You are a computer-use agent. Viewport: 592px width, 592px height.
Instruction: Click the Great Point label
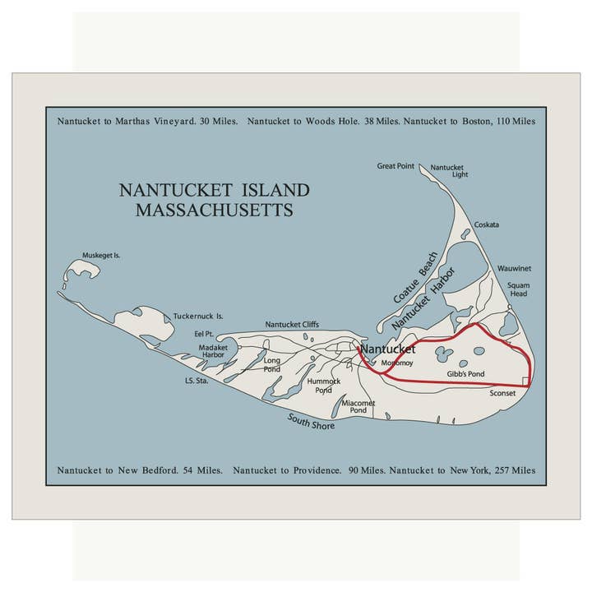[395, 166]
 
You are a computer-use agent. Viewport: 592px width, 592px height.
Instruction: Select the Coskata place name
[486, 224]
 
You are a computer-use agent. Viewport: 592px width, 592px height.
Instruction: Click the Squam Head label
[518, 289]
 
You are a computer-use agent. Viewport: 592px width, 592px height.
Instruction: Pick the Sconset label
[502, 393]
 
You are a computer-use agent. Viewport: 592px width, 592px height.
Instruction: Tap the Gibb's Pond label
[465, 374]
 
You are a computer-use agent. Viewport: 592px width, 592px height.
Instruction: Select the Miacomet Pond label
[358, 406]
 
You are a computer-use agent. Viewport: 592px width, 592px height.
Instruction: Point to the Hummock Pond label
[322, 386]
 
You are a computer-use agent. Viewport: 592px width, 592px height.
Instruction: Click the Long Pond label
[272, 364]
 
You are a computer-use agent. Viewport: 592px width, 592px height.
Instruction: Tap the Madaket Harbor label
[213, 351]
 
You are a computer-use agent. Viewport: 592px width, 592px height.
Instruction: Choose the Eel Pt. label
[203, 334]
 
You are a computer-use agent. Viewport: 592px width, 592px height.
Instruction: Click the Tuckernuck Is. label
[198, 316]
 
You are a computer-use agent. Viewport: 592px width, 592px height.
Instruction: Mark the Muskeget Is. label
[102, 256]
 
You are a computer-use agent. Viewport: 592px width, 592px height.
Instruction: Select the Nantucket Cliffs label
[292, 325]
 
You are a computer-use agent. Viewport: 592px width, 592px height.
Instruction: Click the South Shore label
[311, 421]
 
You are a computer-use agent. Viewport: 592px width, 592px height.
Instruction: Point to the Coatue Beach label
[415, 277]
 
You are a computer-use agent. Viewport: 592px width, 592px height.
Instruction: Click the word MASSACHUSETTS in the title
[215, 210]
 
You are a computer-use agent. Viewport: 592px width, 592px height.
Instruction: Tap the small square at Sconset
[526, 380]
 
